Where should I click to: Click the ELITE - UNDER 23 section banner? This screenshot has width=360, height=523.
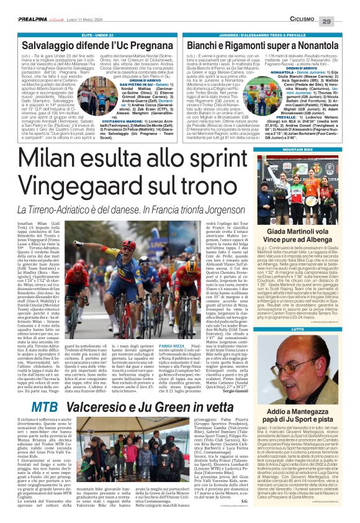[89, 35]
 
